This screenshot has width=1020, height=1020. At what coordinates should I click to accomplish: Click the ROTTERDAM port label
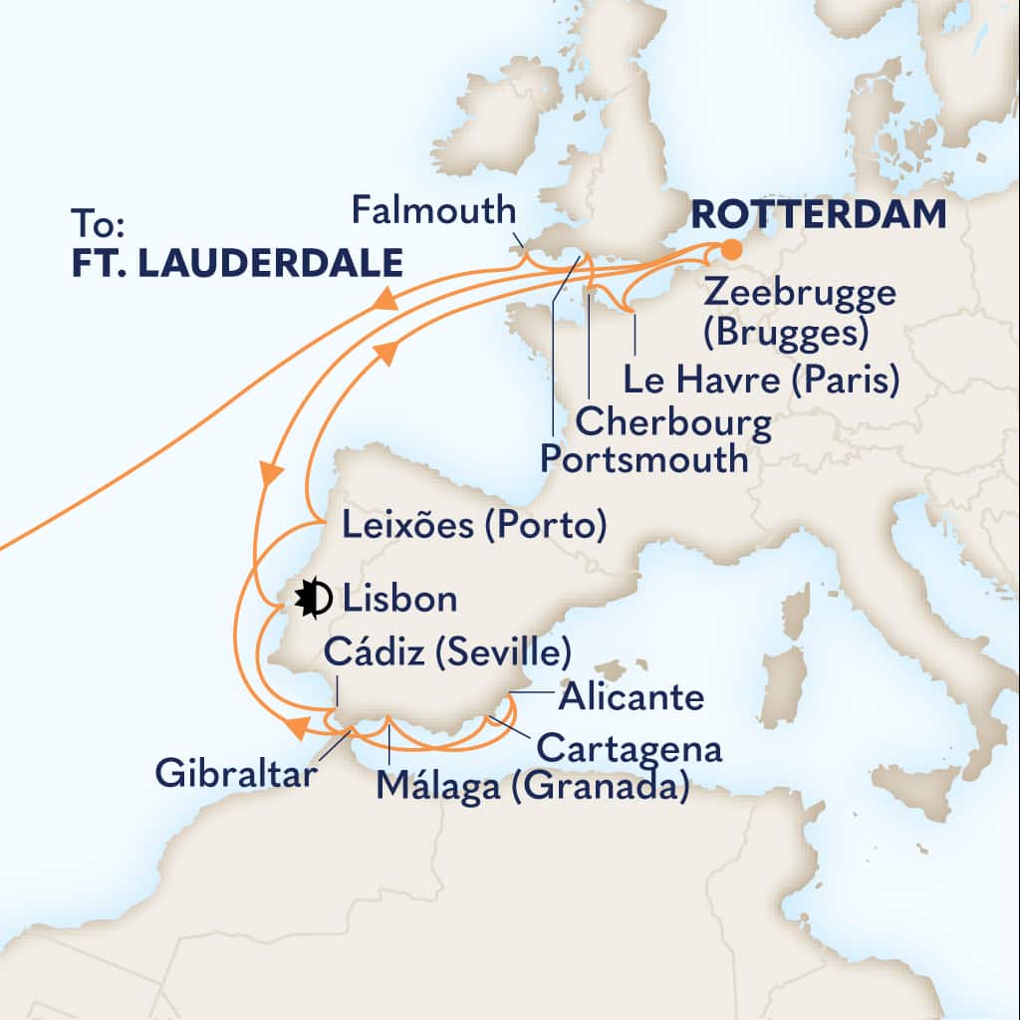click(818, 214)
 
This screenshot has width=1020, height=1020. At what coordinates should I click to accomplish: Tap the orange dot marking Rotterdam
click(731, 249)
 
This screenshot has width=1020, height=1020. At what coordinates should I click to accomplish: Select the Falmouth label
click(435, 211)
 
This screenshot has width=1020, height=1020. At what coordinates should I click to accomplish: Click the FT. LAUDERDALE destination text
click(237, 263)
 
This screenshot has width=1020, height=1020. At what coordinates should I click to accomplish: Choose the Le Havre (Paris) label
click(760, 380)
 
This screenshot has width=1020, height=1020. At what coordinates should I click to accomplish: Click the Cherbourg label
click(674, 422)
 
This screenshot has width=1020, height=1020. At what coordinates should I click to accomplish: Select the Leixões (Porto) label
click(474, 525)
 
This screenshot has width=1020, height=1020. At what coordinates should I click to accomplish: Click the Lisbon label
click(399, 600)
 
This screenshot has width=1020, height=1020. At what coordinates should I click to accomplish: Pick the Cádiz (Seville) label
click(448, 652)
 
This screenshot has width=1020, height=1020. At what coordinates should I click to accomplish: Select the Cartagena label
click(628, 746)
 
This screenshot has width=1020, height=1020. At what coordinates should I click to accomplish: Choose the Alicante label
click(631, 697)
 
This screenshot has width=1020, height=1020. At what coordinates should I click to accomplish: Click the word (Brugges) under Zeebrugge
click(782, 333)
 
